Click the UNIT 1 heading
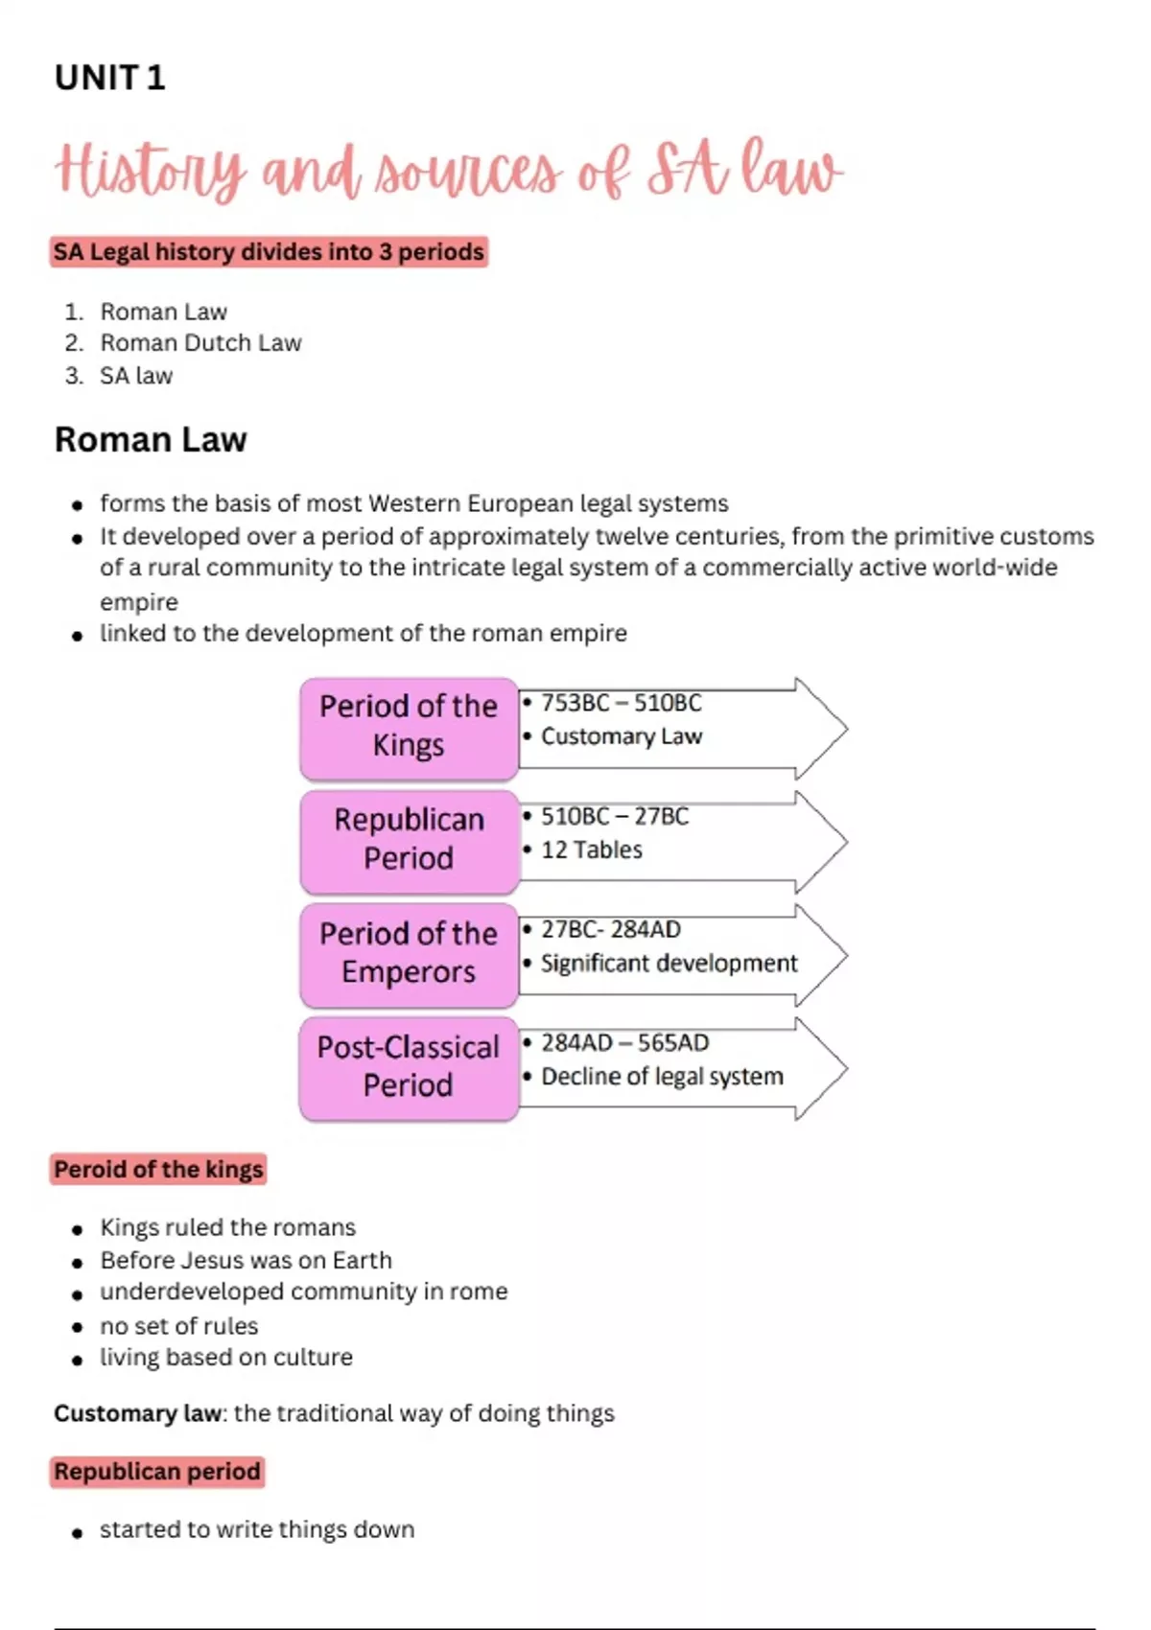[x=109, y=78]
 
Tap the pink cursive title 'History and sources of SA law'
[x=449, y=171]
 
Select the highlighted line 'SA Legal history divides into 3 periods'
[x=269, y=252]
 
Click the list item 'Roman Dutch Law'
[x=200, y=343]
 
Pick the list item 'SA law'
[x=136, y=376]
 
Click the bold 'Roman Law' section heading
[x=151, y=440]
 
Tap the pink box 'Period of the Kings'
[x=409, y=726]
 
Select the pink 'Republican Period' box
[x=409, y=839]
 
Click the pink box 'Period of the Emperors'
[x=409, y=953]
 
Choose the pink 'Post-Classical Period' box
[x=409, y=1066]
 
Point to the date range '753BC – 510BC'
[x=621, y=703]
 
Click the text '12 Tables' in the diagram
[x=591, y=850]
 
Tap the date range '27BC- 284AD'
[x=610, y=929]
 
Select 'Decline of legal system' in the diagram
[x=662, y=1077]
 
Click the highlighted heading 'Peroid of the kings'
[x=158, y=1170]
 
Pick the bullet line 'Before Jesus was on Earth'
[x=246, y=1260]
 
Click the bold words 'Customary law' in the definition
[x=137, y=1413]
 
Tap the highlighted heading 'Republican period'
[x=157, y=1472]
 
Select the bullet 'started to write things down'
[x=257, y=1529]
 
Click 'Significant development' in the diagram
[x=669, y=963]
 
